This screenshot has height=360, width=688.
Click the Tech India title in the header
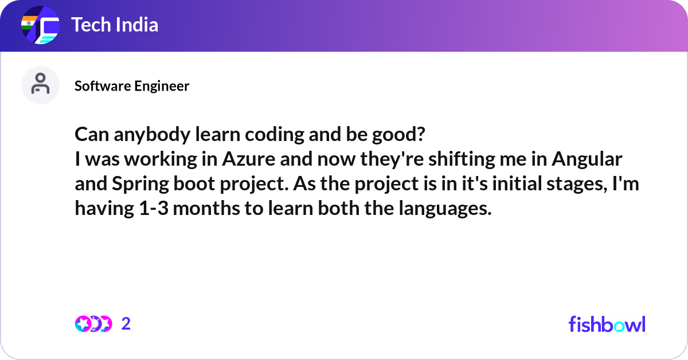pyautogui.click(x=114, y=25)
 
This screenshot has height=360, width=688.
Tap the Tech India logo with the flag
pyautogui.click(x=40, y=26)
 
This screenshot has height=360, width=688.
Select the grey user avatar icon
pyautogui.click(x=40, y=85)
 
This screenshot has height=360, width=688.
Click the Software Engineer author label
pyautogui.click(x=132, y=86)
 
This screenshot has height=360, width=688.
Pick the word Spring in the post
pyautogui.click(x=131, y=184)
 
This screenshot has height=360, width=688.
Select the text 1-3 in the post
pyautogui.click(x=153, y=209)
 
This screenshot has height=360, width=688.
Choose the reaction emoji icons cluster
pyautogui.click(x=93, y=324)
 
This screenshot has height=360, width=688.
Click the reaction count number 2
pyautogui.click(x=126, y=324)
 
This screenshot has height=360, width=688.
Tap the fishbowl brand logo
pyautogui.click(x=607, y=324)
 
